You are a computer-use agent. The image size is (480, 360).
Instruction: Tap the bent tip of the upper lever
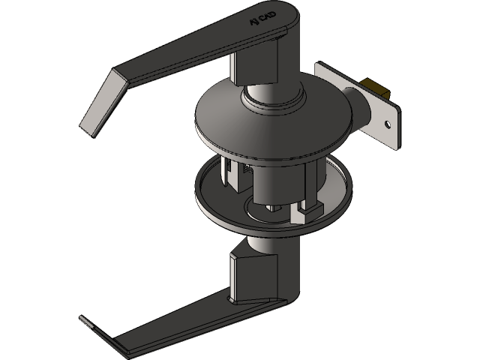(97, 105)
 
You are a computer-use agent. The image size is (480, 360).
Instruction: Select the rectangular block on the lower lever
(247, 274)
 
